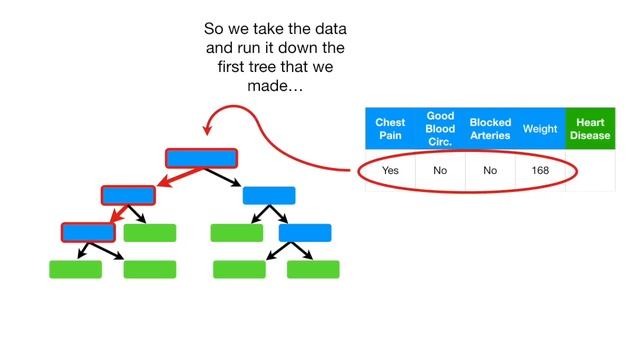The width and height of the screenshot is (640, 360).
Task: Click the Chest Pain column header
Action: coord(390,129)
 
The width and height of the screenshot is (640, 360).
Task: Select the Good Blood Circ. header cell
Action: coord(440,129)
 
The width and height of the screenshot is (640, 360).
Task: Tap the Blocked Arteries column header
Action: coord(490,129)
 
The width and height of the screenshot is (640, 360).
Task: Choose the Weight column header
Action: coord(540,129)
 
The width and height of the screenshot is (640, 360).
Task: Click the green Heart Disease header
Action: coord(590,129)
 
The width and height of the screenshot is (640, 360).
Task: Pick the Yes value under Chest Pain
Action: coord(390,171)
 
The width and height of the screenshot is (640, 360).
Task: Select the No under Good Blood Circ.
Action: coord(440,171)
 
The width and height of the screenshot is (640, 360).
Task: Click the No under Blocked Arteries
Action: coord(490,171)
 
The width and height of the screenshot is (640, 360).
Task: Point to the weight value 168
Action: coord(540,171)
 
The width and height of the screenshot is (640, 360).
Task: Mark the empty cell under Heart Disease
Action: coord(590,171)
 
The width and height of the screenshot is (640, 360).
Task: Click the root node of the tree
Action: coord(201,158)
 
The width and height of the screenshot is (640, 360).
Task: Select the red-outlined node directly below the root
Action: coord(128,195)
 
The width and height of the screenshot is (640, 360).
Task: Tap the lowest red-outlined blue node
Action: coord(88,232)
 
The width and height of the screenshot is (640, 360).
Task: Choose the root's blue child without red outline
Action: coord(269,195)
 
